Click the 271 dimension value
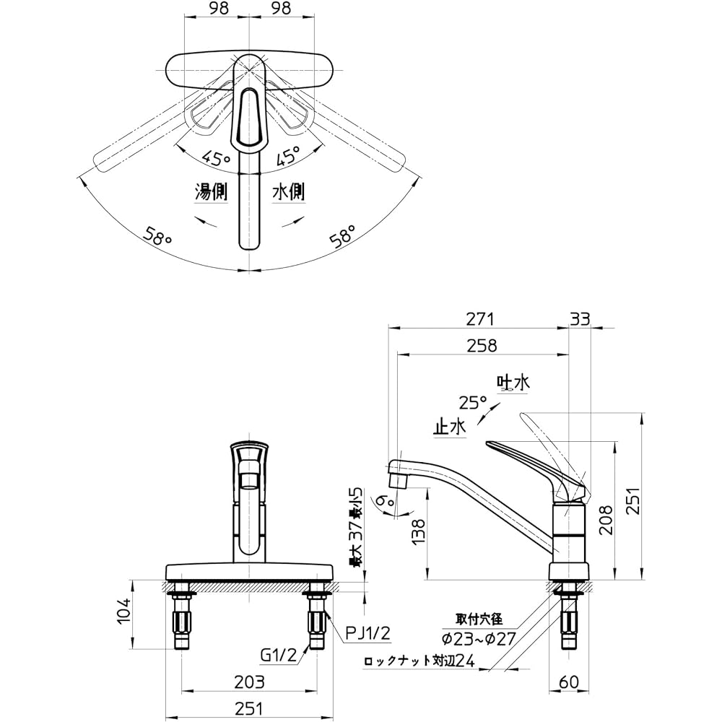[x=480, y=318]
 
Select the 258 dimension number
[x=482, y=345]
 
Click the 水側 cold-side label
[x=288, y=192]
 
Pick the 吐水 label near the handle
[x=513, y=383]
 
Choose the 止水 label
[x=449, y=426]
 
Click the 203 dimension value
[x=249, y=681]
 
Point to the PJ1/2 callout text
[x=366, y=634]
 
